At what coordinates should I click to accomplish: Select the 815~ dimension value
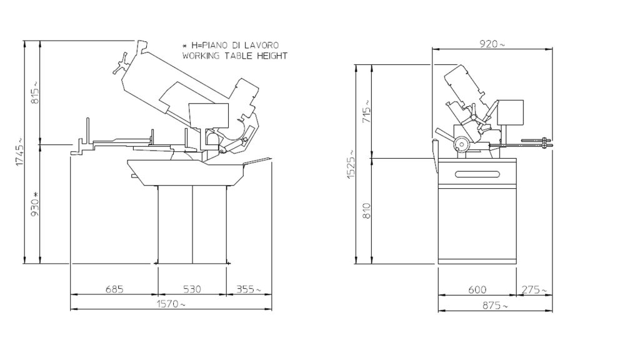(x=35, y=93)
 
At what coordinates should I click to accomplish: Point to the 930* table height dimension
(x=35, y=204)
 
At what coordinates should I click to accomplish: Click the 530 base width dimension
(x=191, y=289)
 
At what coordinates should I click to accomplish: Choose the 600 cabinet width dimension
(x=477, y=289)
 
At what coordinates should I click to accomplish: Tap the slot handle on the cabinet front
(x=478, y=174)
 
